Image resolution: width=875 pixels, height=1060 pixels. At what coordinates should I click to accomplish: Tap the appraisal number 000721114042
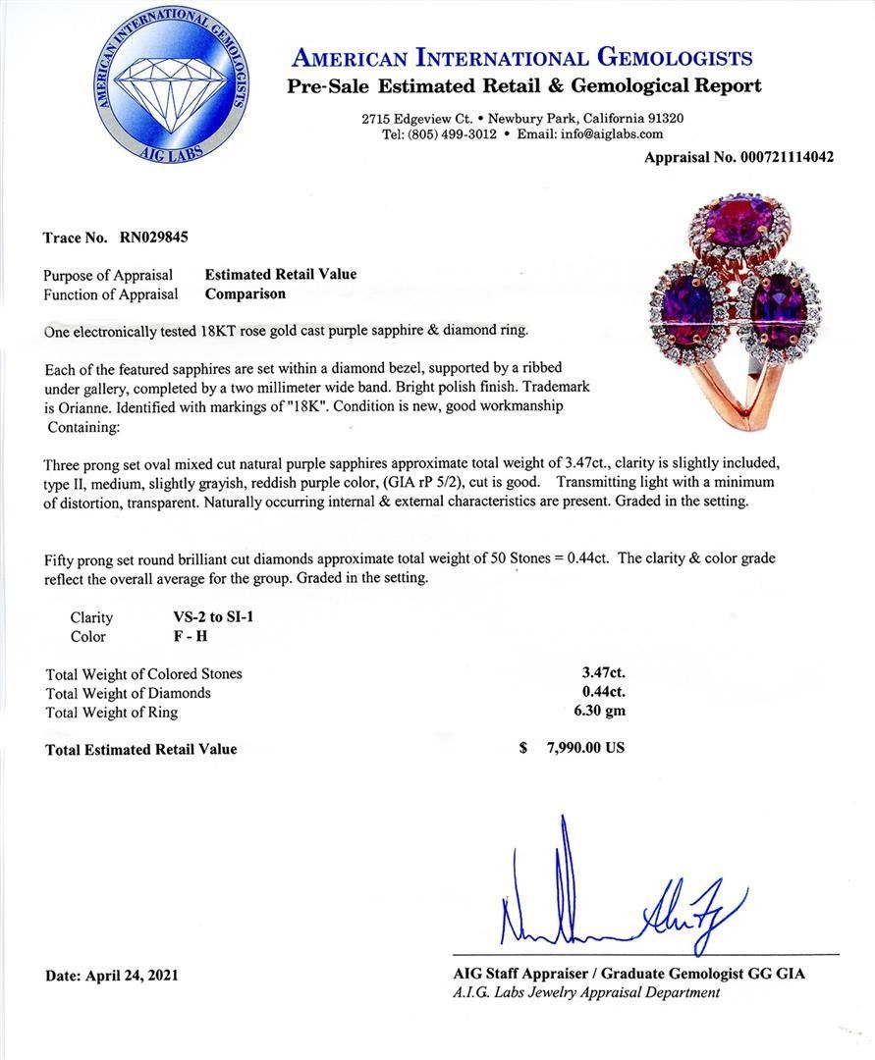click(x=785, y=156)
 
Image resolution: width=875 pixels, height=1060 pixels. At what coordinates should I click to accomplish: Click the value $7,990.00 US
click(x=573, y=748)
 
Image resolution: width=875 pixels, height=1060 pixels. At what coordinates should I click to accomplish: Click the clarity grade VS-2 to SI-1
click(x=213, y=617)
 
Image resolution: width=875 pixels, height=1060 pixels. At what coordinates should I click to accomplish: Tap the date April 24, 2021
click(x=112, y=976)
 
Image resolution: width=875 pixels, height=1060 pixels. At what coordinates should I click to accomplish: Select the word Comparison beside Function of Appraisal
click(x=246, y=293)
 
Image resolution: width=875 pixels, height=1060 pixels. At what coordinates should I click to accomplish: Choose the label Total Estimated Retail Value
click(x=140, y=749)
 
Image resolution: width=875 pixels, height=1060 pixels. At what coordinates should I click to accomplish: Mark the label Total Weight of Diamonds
click(x=129, y=693)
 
